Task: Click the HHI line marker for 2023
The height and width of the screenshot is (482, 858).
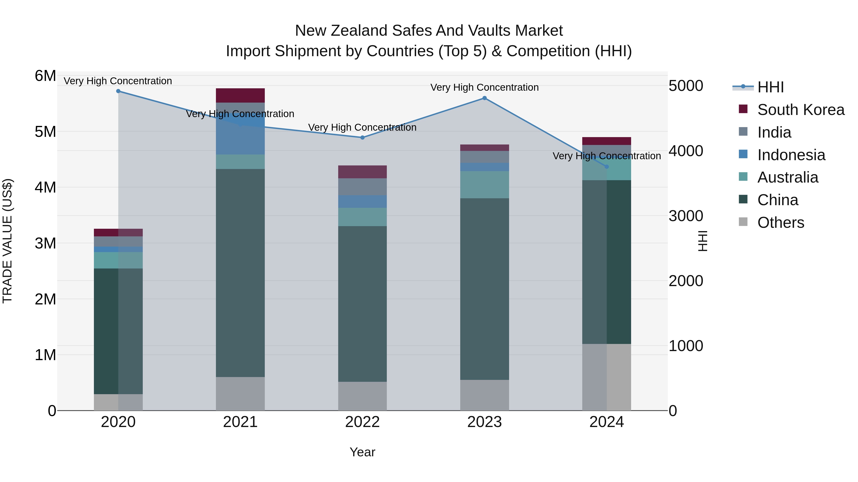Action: [x=485, y=98]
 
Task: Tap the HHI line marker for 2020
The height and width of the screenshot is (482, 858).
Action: [x=118, y=91]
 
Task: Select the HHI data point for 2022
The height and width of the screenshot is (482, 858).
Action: [x=362, y=137]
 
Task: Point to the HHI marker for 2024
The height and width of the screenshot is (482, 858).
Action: [x=607, y=167]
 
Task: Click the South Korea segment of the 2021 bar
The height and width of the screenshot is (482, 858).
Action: [x=240, y=95]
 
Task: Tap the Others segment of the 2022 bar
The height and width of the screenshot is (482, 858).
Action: [x=362, y=396]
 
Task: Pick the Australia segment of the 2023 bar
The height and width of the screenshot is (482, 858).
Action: [x=485, y=185]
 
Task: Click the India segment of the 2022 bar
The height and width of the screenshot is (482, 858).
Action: [x=362, y=187]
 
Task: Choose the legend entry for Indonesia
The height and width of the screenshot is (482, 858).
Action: [x=791, y=155]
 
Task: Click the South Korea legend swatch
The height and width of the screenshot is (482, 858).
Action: [x=743, y=109]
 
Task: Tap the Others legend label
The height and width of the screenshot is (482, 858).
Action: [x=781, y=223]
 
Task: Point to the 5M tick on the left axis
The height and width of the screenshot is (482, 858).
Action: [x=45, y=132]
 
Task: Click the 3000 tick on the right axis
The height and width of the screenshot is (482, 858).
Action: [x=686, y=216]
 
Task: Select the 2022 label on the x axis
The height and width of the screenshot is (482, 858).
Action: [x=362, y=422]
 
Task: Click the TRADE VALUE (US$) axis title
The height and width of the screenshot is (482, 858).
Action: [x=8, y=241]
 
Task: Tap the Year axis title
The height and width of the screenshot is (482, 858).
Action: [x=362, y=452]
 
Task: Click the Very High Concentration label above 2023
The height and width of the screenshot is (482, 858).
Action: [x=485, y=88]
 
